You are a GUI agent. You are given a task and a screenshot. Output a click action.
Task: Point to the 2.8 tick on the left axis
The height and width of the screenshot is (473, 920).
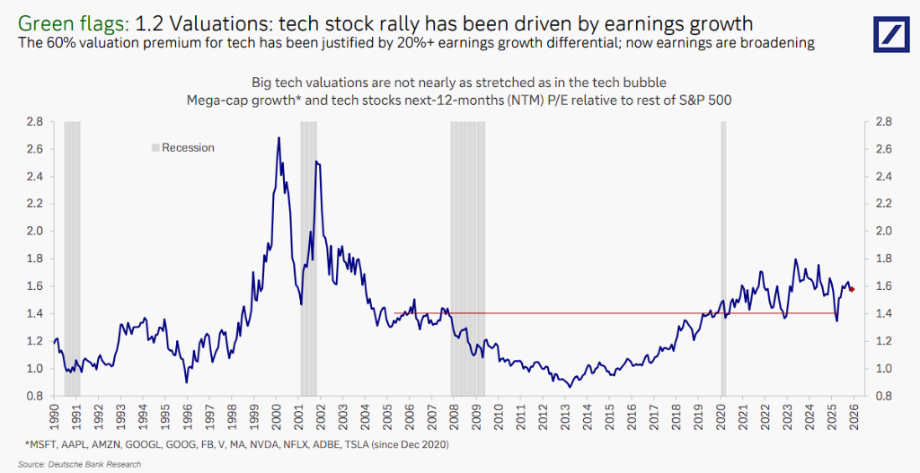(35, 121)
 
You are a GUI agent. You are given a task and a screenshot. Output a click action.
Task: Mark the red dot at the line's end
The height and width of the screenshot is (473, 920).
(851, 288)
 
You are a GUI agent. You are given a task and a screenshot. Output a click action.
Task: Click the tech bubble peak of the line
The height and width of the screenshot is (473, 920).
(279, 138)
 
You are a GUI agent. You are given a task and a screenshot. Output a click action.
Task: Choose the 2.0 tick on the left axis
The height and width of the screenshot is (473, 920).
(35, 231)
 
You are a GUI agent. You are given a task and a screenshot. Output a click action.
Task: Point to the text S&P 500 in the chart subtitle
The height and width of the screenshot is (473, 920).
(704, 101)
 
